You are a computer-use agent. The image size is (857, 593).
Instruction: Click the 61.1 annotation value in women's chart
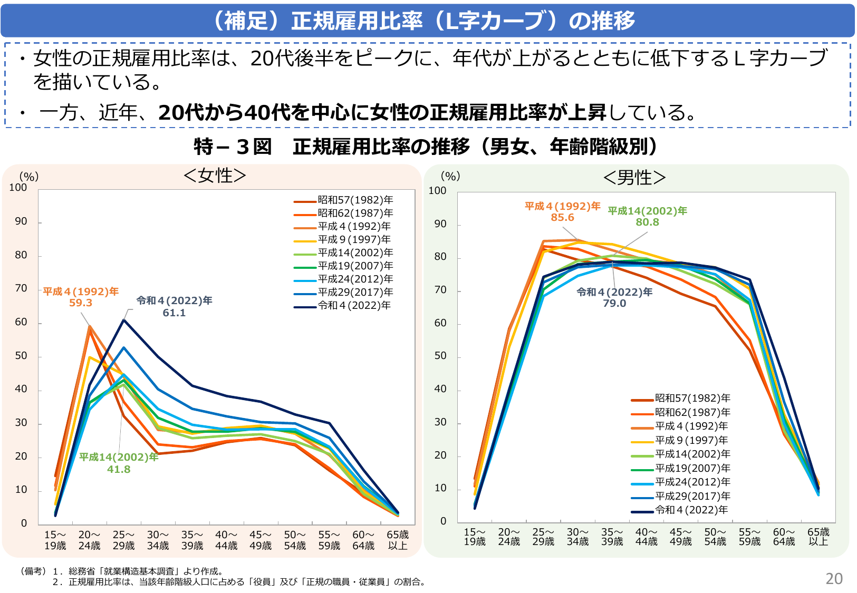[x=174, y=313]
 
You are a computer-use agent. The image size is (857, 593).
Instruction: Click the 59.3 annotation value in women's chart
[x=81, y=303]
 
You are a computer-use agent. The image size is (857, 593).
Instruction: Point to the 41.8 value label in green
[x=119, y=469]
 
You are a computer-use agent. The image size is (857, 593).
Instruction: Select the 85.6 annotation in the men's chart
[x=562, y=218]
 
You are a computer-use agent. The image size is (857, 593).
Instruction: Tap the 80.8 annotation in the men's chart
[x=647, y=222]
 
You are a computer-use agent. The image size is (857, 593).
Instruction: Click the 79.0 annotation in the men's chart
[x=614, y=304]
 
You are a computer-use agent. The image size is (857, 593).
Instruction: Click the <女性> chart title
[x=215, y=176]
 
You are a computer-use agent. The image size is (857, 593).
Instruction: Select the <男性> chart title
[x=634, y=178]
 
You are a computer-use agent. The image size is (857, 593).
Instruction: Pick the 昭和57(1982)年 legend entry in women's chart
[x=355, y=200]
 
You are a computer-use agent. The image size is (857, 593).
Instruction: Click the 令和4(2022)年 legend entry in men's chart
[x=691, y=510]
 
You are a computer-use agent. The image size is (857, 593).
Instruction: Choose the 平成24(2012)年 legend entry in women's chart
[x=355, y=279]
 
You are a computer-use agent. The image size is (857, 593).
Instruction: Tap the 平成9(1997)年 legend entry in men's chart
[x=691, y=440]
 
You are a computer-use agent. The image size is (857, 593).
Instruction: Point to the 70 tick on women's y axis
[x=21, y=288]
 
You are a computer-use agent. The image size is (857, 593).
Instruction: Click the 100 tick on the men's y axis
[x=437, y=191]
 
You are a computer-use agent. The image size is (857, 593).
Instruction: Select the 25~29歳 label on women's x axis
[x=123, y=540]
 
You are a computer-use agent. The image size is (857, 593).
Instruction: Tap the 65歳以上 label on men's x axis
[x=818, y=537]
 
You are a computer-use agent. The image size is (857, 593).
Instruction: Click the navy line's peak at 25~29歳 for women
[x=124, y=320]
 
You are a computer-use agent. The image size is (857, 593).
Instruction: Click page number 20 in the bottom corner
[x=834, y=579]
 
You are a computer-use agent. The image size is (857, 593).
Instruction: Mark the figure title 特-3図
[x=233, y=147]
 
